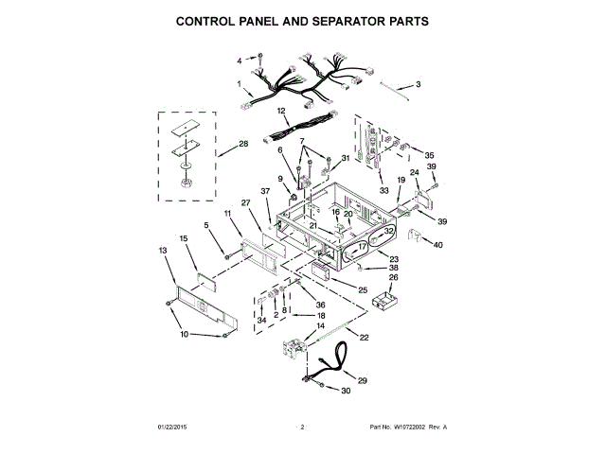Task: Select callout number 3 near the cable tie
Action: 419,84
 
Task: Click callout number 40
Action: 437,245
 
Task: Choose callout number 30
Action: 346,391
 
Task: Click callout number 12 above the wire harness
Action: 281,111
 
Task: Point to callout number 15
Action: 184,238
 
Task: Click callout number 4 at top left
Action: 240,61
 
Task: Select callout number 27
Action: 244,202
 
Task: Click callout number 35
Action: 429,155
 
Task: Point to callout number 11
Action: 228,216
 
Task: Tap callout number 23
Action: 395,258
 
